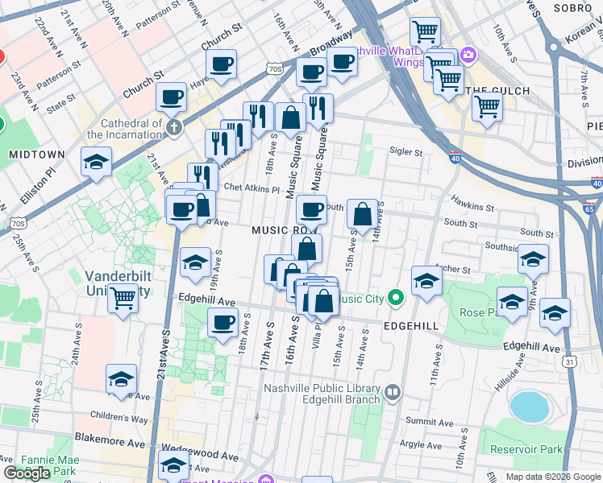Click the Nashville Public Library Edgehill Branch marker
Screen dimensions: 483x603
[x=393, y=393]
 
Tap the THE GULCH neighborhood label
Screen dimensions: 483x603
[x=498, y=91]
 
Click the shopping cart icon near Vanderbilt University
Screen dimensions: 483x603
[x=123, y=299]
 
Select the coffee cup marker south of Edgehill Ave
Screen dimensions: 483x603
[x=222, y=323]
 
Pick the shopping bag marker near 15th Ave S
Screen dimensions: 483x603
[x=363, y=214]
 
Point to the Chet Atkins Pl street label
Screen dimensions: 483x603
[x=252, y=189]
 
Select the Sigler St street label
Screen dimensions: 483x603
[x=405, y=151]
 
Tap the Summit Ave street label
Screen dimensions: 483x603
[x=424, y=421]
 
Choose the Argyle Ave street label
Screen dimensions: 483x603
[x=421, y=444]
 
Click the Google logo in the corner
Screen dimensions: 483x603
[x=27, y=473]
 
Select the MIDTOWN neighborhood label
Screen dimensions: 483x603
[x=36, y=154]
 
